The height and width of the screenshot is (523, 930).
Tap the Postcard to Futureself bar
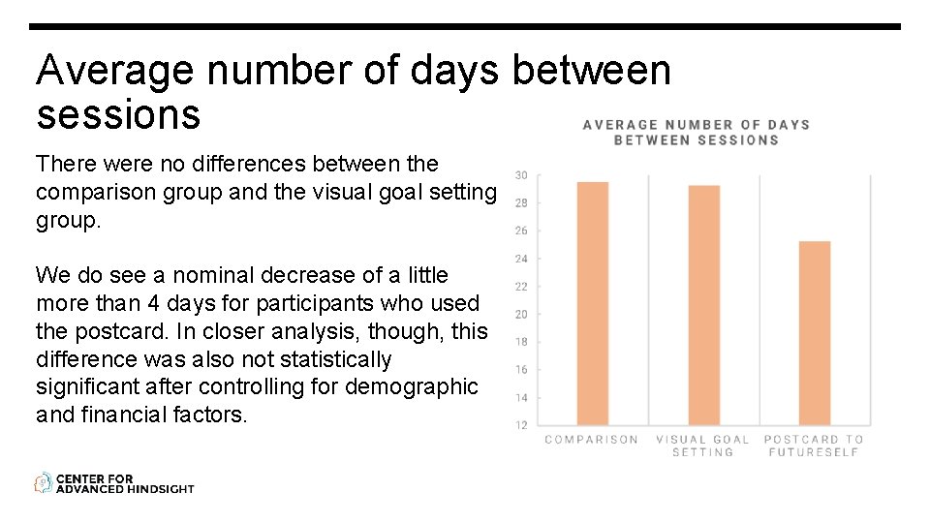tap(815, 333)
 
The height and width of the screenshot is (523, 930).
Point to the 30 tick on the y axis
tap(521, 175)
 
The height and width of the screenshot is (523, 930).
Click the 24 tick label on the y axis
tap(521, 259)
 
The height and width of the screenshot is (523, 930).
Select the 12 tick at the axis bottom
tap(521, 425)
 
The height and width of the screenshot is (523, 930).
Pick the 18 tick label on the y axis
tap(521, 342)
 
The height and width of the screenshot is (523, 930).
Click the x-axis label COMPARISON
tap(592, 440)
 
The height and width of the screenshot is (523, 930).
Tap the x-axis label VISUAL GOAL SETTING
tap(703, 446)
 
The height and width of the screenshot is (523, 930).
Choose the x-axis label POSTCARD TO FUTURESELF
tap(814, 446)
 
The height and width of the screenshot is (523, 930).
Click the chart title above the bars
tap(696, 132)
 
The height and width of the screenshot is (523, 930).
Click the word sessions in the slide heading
tap(118, 114)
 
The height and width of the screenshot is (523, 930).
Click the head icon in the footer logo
tap(44, 482)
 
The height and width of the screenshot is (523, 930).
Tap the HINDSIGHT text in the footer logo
tap(160, 489)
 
